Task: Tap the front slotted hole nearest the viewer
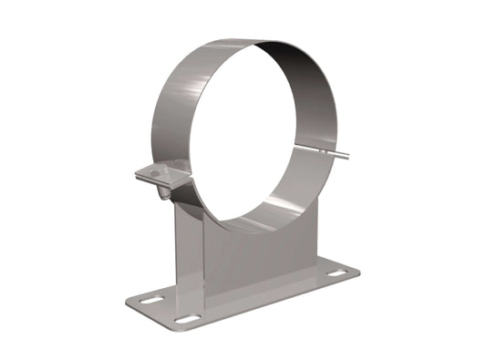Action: pyautogui.click(x=187, y=319)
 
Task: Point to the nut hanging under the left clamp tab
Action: pyautogui.click(x=164, y=193)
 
